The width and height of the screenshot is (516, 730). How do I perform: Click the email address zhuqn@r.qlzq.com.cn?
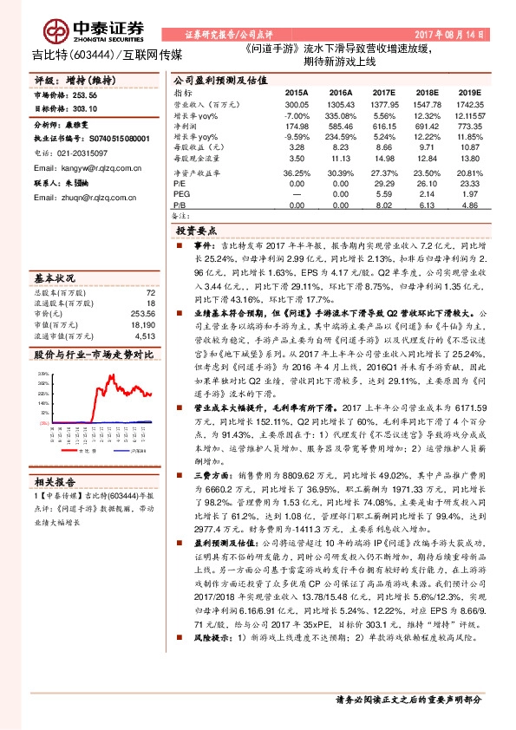[94, 199]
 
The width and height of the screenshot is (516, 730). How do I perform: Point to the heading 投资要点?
[195, 232]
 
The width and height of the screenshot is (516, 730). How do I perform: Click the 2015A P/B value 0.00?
[297, 205]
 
